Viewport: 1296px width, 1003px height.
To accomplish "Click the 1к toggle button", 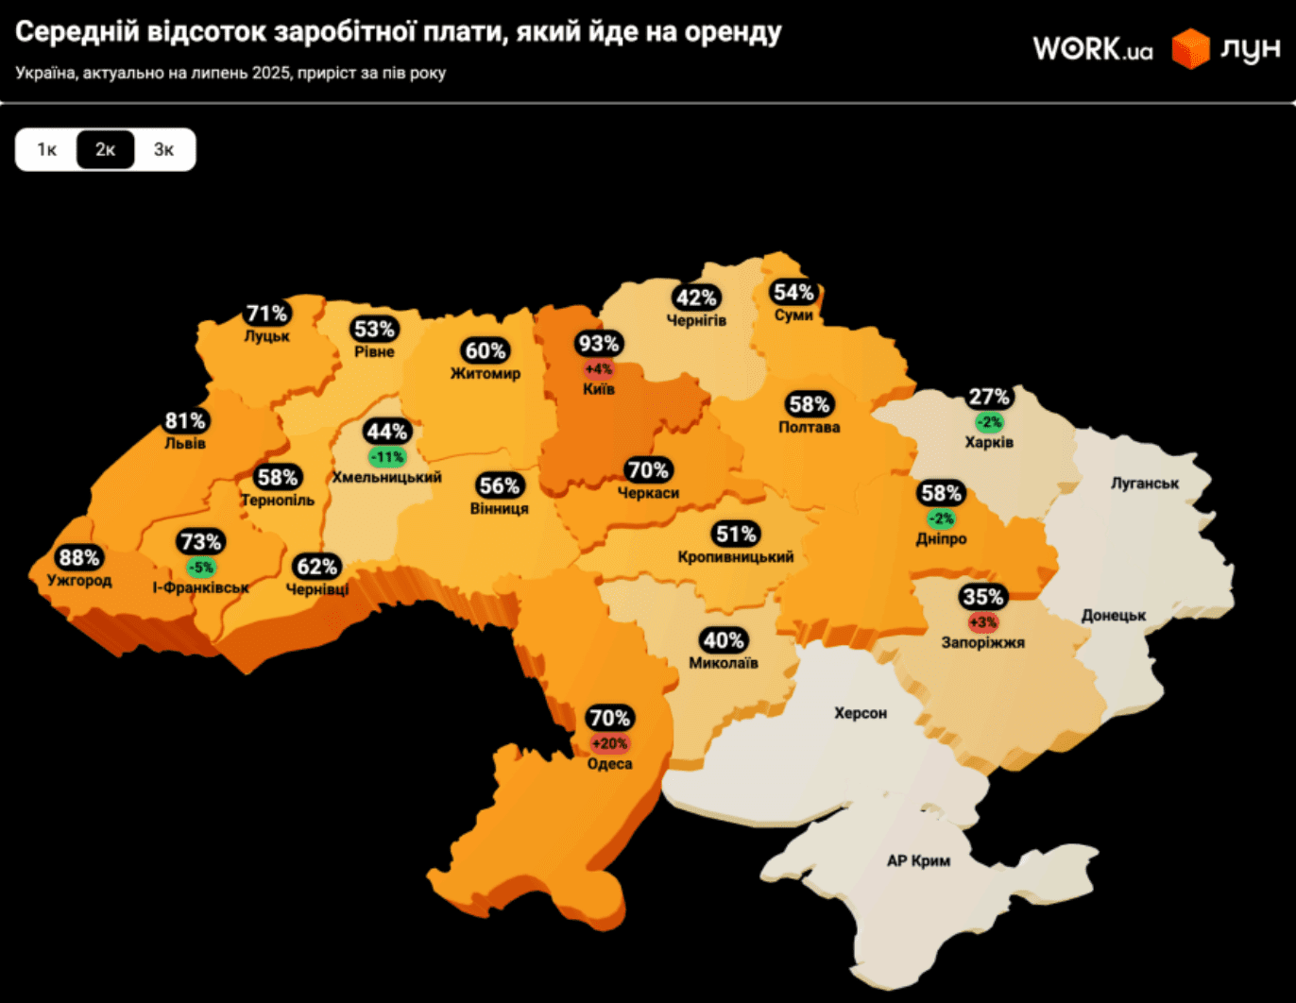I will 47,149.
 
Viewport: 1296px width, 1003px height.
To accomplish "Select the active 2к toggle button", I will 106,149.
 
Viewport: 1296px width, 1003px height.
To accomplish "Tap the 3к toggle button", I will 164,149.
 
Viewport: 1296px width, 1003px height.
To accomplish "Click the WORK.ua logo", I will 1093,48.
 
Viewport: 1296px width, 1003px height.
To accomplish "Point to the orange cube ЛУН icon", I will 1190,48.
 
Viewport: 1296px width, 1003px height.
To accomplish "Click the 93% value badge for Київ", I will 599,344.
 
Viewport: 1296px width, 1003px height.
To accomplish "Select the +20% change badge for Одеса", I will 609,743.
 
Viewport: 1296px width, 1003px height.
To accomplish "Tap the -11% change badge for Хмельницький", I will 387,457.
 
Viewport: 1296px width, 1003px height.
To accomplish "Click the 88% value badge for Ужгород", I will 79,557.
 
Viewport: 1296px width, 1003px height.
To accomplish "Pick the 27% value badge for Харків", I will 989,397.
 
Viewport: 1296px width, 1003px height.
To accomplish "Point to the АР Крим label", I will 918,860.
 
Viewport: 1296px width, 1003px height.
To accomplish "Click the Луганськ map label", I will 1145,483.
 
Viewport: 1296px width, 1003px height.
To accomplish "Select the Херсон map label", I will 861,713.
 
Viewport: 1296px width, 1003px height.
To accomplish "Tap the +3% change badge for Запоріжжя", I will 982,622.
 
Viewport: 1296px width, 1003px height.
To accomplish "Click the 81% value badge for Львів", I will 185,420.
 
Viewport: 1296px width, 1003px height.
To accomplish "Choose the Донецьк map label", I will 1114,615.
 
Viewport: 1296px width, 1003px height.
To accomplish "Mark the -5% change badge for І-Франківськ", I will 200,568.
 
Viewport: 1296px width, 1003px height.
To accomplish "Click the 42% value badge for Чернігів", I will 696,297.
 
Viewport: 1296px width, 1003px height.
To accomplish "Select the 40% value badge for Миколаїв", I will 724,640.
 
